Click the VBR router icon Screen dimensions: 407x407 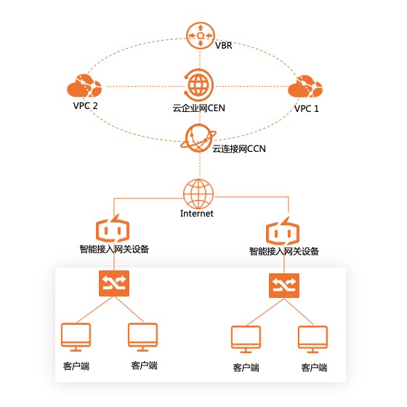point(200,36)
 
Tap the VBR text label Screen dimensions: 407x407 point(224,45)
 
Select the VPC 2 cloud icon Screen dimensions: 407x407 point(84,86)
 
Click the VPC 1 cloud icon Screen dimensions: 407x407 point(305,86)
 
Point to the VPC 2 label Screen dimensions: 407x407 point(86,106)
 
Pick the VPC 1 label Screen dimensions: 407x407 point(306,108)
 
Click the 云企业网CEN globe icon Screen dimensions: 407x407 point(199,85)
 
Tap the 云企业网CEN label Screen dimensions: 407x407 point(199,108)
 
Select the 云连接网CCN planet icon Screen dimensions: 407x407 point(198,138)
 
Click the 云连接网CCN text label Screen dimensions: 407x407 point(239,149)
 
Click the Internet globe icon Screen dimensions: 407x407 point(198,194)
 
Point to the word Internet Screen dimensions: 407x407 point(197,214)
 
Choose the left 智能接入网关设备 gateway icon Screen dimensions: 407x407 point(113,228)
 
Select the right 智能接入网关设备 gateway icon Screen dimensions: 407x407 point(283,231)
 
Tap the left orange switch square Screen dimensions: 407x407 point(114,283)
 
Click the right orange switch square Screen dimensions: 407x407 point(284,286)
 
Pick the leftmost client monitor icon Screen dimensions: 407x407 point(76,337)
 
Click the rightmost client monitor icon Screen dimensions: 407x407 point(313,339)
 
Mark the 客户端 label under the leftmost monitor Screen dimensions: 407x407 point(76,366)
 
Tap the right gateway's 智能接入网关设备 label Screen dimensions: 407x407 point(284,251)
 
